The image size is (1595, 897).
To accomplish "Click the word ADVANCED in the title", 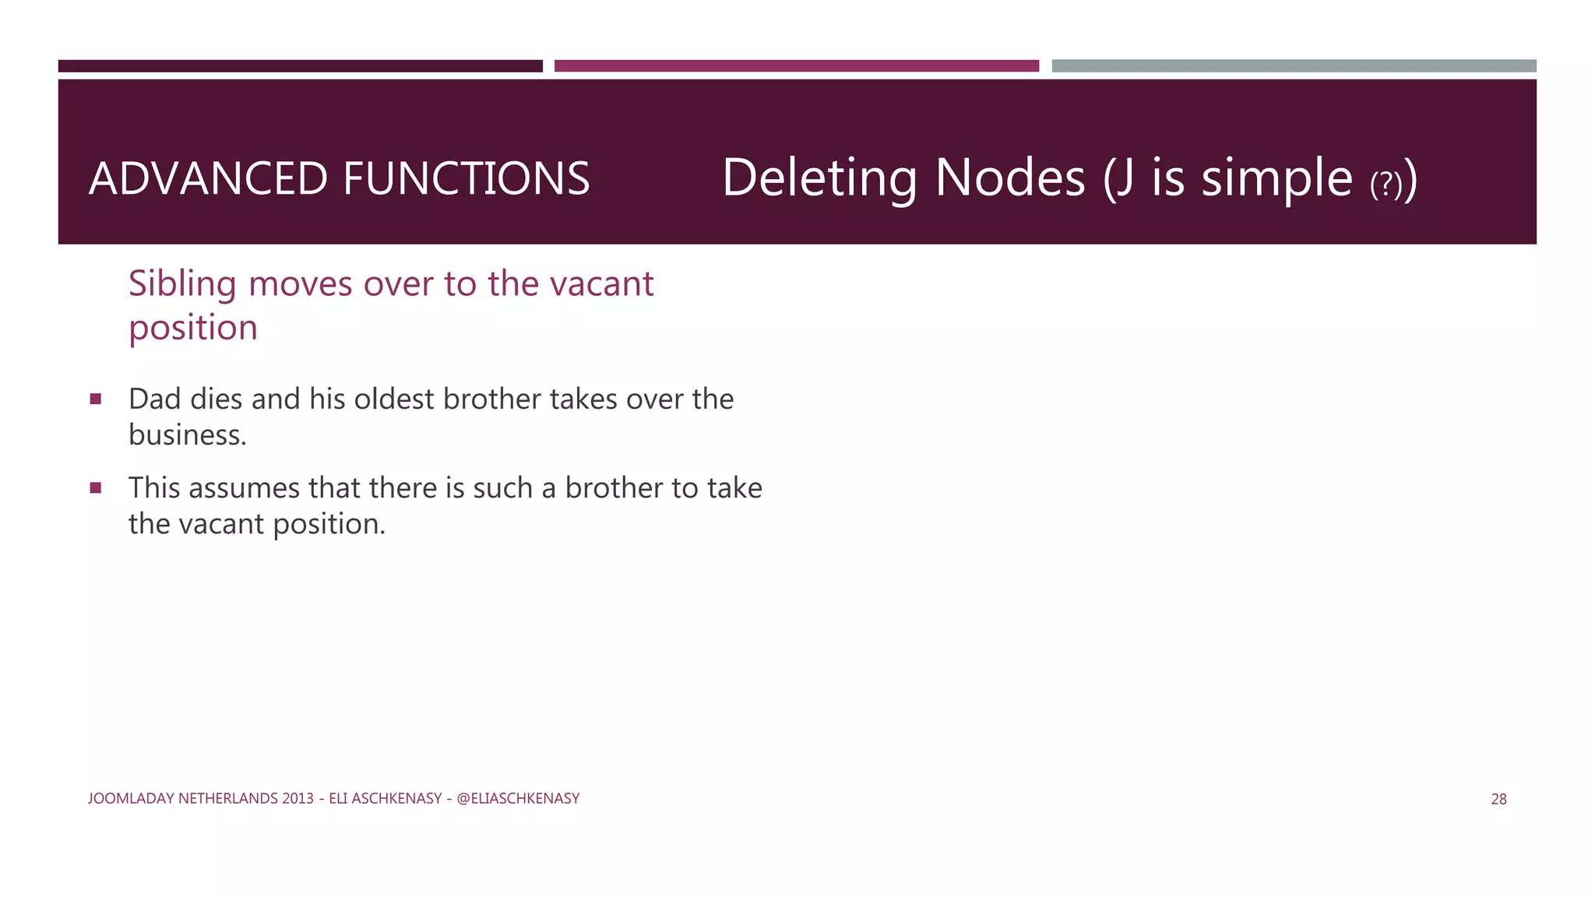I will (209, 178).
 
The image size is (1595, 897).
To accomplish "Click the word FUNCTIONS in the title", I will (466, 178).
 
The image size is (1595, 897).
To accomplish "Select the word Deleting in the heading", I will (819, 178).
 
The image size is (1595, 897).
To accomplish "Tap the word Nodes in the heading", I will (1009, 178).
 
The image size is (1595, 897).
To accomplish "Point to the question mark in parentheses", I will (1386, 185).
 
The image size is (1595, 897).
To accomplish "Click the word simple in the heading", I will (1276, 178).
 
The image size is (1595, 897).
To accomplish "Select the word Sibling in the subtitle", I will (182, 284).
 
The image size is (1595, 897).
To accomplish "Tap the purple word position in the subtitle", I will (192, 328).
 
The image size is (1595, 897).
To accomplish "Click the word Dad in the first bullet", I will (154, 399).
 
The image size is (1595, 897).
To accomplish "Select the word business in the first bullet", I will (185, 435).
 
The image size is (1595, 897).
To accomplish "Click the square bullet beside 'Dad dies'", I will (96, 399).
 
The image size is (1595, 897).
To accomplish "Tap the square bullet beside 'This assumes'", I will (96, 488).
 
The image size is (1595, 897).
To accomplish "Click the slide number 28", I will (1498, 799).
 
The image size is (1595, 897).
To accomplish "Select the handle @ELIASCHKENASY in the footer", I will (518, 798).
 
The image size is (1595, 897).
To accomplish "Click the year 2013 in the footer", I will (298, 798).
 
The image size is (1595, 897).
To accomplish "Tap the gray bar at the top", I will (1294, 66).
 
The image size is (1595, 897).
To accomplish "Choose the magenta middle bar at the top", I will (796, 66).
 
